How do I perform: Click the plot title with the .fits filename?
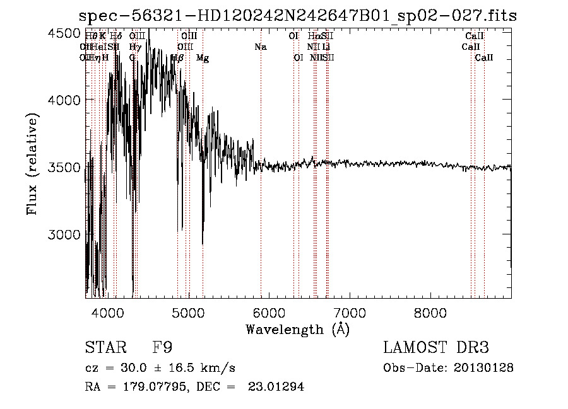(297, 16)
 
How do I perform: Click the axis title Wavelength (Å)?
(297, 329)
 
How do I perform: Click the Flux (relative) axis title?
(32, 164)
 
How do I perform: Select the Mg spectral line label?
(203, 58)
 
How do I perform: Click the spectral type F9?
(162, 348)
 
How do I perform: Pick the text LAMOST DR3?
(436, 348)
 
